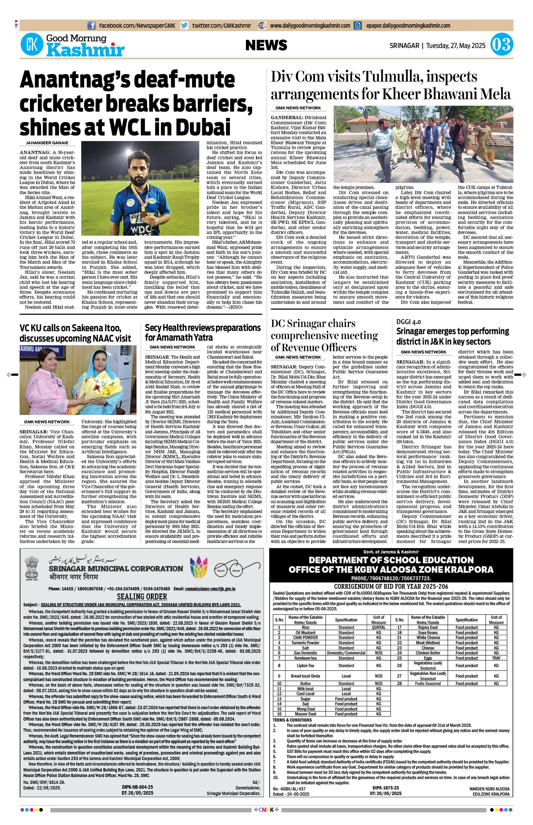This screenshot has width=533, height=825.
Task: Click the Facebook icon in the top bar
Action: point(91,25)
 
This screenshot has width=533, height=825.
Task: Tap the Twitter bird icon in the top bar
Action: point(185,25)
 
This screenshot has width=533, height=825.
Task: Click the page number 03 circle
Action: point(502,45)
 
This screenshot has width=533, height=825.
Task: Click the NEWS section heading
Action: point(266,45)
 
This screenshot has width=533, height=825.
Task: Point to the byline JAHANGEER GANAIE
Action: point(47,143)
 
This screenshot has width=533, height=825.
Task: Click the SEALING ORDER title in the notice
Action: point(142,597)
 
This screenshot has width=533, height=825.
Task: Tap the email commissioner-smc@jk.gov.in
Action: point(210,589)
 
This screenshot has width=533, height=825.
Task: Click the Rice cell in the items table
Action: point(305,627)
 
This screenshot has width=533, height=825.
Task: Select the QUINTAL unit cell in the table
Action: point(378,627)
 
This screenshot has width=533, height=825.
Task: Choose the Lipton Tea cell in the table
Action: point(305,665)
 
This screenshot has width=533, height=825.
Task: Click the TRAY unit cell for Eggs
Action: point(496,658)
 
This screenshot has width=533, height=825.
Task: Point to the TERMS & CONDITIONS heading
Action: point(292,720)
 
